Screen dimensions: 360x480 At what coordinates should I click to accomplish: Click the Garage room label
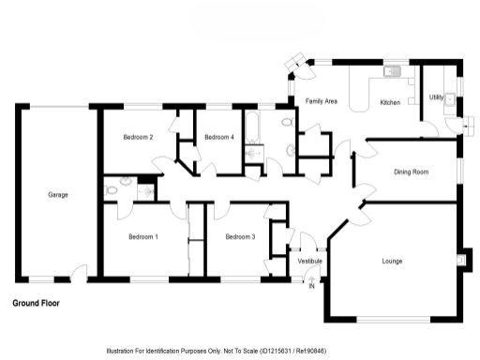(x=58, y=195)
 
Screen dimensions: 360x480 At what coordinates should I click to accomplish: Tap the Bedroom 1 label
(x=142, y=237)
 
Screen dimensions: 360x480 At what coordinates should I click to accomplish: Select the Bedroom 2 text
(x=138, y=138)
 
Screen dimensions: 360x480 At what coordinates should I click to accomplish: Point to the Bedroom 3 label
(x=240, y=237)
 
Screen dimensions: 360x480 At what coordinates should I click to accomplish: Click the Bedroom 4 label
(x=218, y=138)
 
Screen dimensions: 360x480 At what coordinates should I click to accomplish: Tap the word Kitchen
(x=389, y=101)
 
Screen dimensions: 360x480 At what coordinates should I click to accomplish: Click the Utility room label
(x=436, y=97)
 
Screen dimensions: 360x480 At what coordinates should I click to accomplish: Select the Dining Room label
(x=411, y=172)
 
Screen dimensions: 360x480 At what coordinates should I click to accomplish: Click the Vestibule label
(x=309, y=260)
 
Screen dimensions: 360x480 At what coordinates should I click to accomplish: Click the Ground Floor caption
(x=38, y=304)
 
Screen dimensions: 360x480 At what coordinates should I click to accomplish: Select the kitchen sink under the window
(x=392, y=70)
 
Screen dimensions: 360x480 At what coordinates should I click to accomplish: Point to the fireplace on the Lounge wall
(x=459, y=258)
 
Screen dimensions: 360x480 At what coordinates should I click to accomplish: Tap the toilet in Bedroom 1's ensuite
(x=112, y=188)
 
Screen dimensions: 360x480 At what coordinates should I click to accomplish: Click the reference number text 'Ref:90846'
(x=309, y=349)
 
